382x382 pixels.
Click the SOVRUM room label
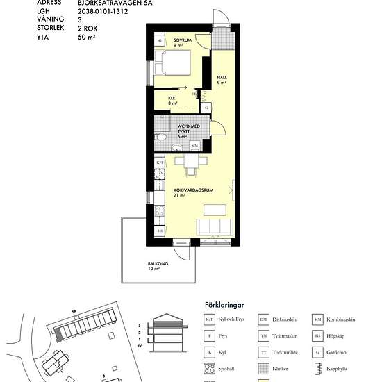(183, 41)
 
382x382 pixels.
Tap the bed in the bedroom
(173, 67)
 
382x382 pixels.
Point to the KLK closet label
(172, 99)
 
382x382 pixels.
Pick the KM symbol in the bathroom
(194, 146)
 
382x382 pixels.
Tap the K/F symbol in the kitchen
(159, 162)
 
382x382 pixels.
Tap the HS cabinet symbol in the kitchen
(159, 231)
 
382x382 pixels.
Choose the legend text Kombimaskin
(342, 319)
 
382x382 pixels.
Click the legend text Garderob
(338, 352)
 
